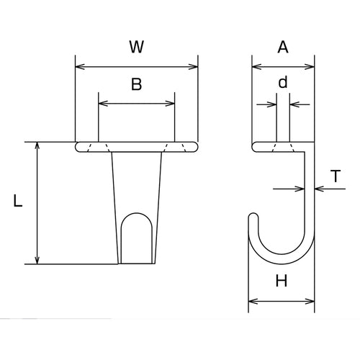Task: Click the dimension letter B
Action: [136, 84]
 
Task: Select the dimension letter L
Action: [19, 202]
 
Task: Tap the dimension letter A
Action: [283, 48]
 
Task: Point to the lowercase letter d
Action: [283, 82]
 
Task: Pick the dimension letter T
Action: [336, 176]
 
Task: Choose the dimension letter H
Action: [282, 282]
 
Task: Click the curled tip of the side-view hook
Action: [253, 217]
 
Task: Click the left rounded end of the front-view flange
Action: [78, 147]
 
